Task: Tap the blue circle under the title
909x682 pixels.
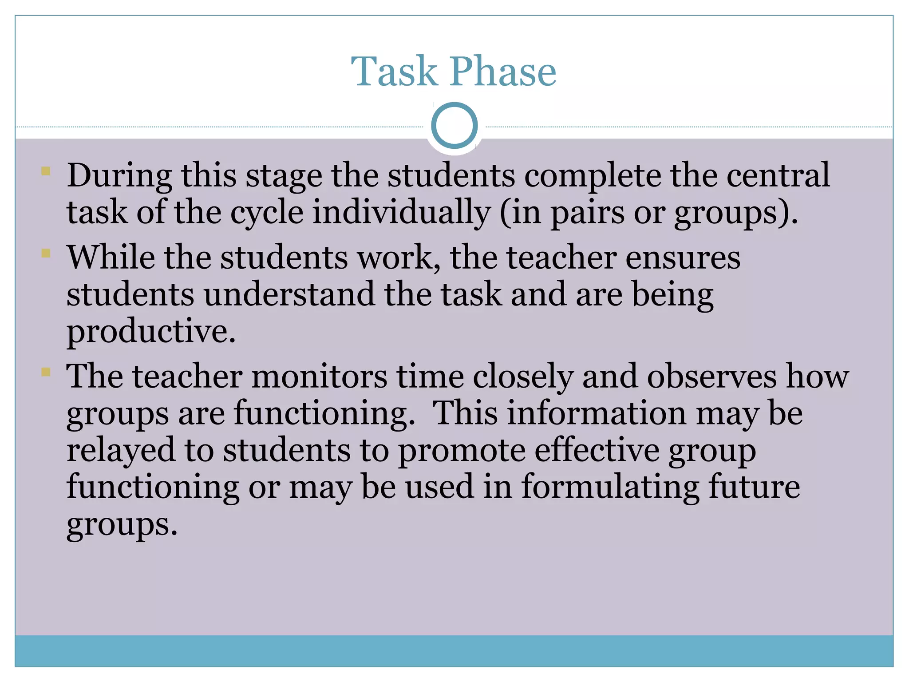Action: click(x=454, y=125)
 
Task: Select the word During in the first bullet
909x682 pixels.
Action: click(x=119, y=175)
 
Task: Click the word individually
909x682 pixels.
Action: click(x=401, y=212)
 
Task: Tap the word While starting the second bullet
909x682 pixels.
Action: click(x=111, y=257)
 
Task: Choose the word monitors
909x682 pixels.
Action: click(x=319, y=377)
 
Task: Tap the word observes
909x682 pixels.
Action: click(x=711, y=377)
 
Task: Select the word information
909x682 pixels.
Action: click(x=597, y=413)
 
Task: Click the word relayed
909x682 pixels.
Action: click(x=121, y=450)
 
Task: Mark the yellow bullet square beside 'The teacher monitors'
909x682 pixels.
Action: click(x=46, y=371)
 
